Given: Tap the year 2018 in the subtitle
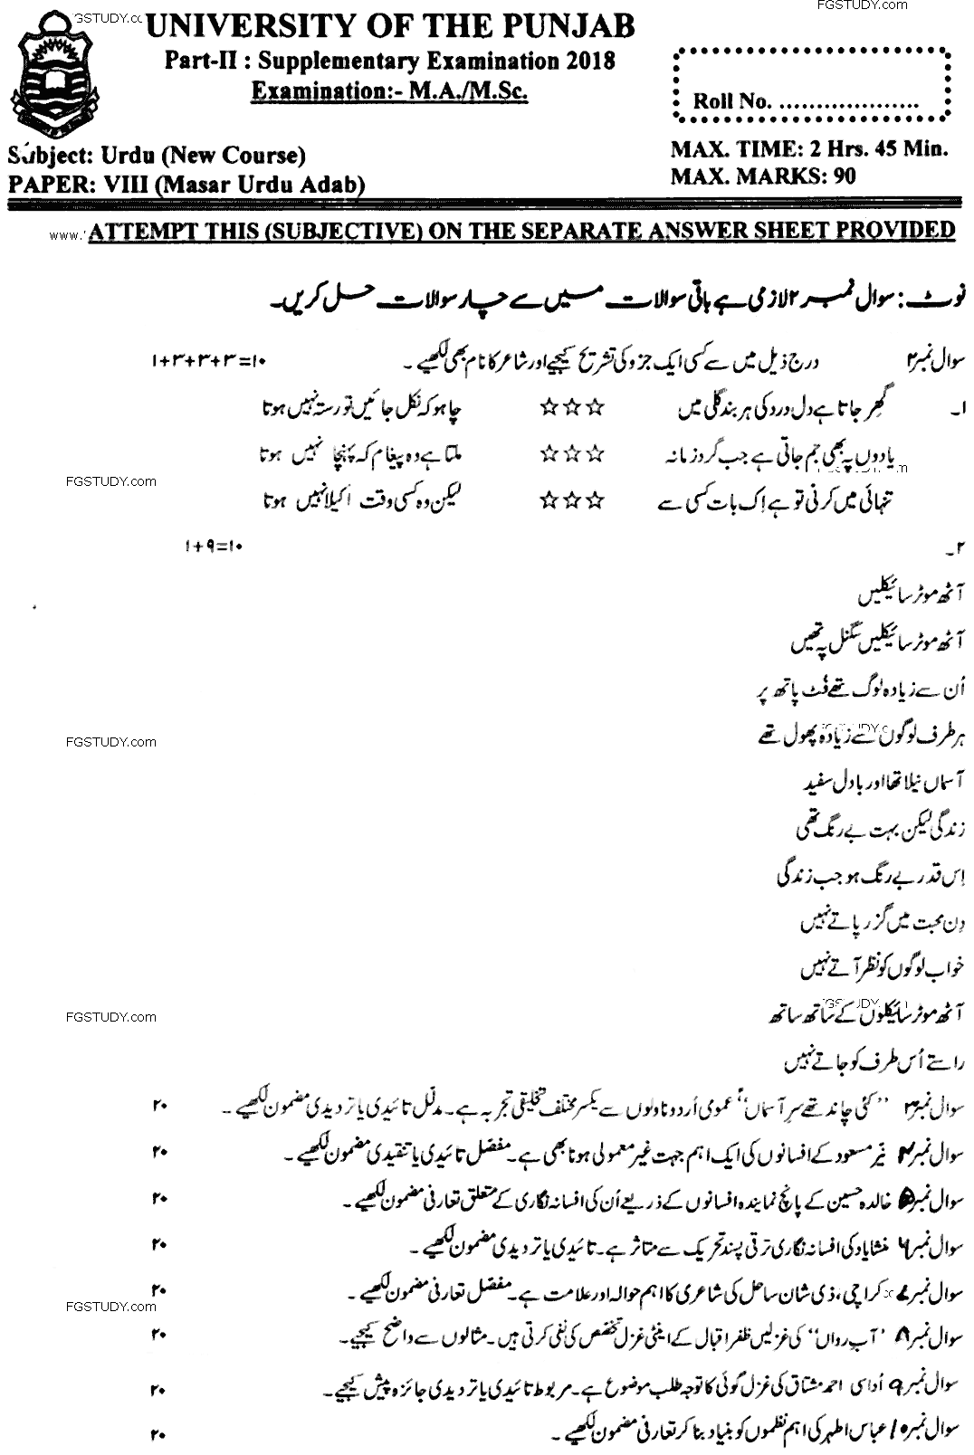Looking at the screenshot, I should tap(588, 61).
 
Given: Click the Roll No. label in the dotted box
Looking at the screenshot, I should tap(731, 101).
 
